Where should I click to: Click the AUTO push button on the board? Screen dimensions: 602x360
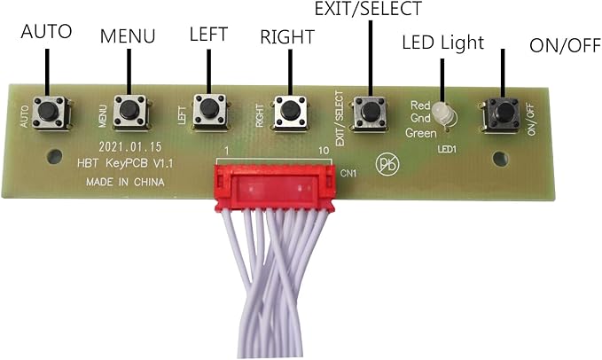pos(50,113)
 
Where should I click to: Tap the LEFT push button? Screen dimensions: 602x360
pos(209,111)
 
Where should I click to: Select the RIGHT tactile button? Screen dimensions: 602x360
pos(290,112)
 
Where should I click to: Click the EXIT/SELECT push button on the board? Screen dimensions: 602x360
pos(370,113)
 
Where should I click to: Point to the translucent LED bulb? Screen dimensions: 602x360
pos(444,114)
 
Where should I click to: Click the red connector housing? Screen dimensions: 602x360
pos(275,187)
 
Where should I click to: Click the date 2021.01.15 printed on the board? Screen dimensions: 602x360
pos(130,146)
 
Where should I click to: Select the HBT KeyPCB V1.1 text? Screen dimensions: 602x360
pos(125,163)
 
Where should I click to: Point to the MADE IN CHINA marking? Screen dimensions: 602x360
pos(125,182)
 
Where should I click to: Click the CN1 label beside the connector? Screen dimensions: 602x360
pos(348,174)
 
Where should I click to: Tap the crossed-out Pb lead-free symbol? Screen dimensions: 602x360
pos(387,165)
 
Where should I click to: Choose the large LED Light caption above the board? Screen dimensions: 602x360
pos(442,43)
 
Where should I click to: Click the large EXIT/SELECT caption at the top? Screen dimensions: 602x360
pos(368,9)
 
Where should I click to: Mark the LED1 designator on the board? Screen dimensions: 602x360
pos(447,149)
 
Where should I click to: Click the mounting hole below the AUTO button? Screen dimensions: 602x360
pos(54,156)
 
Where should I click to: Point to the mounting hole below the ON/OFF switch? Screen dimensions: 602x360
pos(500,159)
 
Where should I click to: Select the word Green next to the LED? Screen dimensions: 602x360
pos(421,133)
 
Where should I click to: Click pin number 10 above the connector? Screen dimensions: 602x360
pos(324,151)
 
